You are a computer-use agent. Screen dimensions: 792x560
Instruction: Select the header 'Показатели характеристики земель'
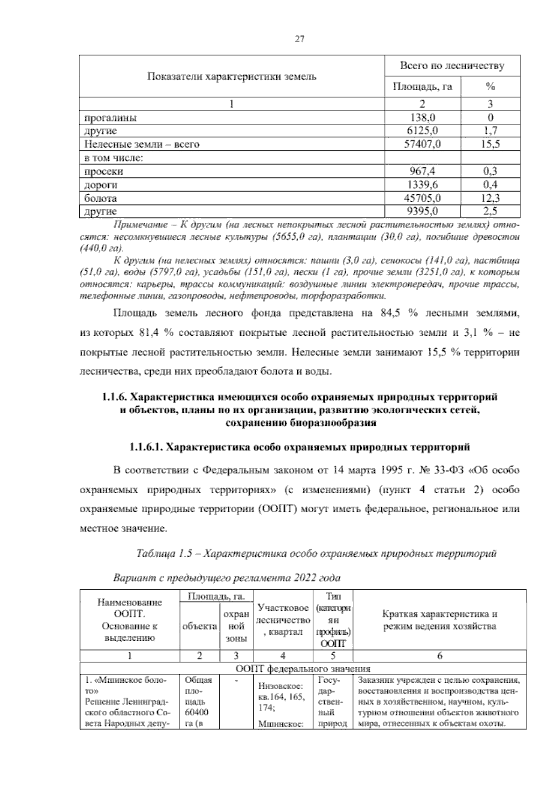tap(232, 77)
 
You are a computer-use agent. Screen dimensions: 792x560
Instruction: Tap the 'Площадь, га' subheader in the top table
tap(422, 87)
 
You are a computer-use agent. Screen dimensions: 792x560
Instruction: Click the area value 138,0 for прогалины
tap(422, 118)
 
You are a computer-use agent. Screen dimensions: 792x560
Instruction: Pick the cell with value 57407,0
tap(422, 144)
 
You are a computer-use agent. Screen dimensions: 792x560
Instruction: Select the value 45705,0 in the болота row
tap(422, 198)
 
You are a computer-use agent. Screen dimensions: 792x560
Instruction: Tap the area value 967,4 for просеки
tap(422, 171)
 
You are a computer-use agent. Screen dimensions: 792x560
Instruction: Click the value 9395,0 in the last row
tap(422, 211)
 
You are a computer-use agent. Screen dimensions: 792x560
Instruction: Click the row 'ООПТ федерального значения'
tap(303, 669)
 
